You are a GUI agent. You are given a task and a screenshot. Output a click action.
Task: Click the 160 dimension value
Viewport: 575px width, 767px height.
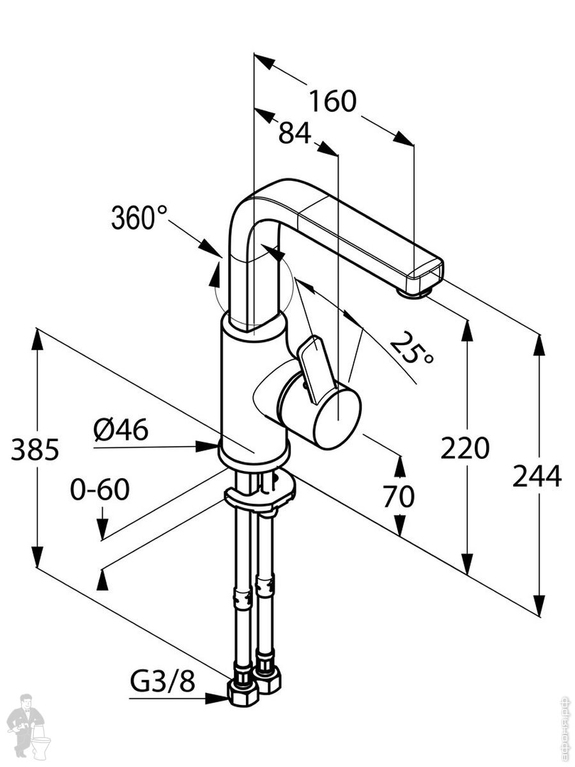pyautogui.click(x=332, y=101)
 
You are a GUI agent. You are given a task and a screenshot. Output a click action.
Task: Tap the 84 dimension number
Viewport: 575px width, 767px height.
pyautogui.click(x=295, y=134)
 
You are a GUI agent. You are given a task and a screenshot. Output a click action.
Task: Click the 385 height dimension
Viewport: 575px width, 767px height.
pyautogui.click(x=35, y=451)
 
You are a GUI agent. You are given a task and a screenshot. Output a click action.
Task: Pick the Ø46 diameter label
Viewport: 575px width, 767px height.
pyautogui.click(x=121, y=430)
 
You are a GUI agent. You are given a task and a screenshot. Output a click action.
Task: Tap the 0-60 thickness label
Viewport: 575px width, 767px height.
pyautogui.click(x=100, y=490)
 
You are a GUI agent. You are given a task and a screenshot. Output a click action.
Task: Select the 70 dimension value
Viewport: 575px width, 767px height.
pyautogui.click(x=399, y=497)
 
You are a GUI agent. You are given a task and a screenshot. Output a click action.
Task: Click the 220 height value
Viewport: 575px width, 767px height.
pyautogui.click(x=465, y=449)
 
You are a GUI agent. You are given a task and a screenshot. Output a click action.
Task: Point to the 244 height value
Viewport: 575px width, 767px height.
pyautogui.click(x=537, y=476)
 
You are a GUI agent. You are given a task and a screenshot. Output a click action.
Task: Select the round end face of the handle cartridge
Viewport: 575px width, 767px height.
pyautogui.click(x=337, y=417)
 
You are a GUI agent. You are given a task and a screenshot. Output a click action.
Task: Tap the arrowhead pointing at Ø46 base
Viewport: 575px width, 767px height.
pyautogui.click(x=208, y=446)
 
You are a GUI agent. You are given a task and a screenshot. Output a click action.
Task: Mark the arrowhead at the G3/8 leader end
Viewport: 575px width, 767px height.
pyautogui.click(x=220, y=698)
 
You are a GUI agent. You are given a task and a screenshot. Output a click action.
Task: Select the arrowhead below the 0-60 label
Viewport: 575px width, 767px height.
pyautogui.click(x=102, y=529)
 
